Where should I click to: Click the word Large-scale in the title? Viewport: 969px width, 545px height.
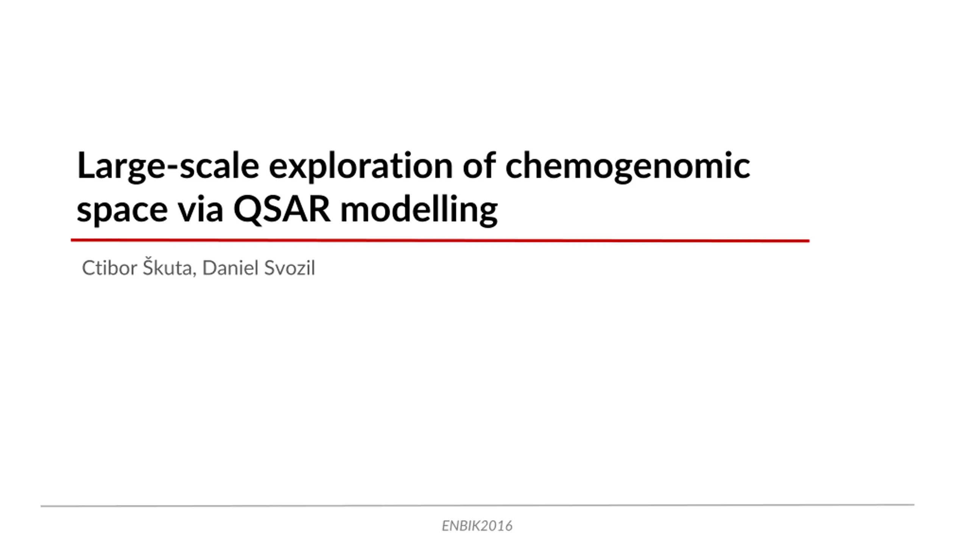pyautogui.click(x=168, y=167)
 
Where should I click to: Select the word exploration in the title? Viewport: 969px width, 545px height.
pyautogui.click(x=361, y=167)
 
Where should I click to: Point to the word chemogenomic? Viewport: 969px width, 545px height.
pyautogui.click(x=628, y=167)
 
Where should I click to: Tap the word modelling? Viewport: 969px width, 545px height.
pyautogui.click(x=419, y=210)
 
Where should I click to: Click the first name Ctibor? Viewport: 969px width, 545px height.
pyautogui.click(x=109, y=268)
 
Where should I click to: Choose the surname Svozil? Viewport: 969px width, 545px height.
pyautogui.click(x=290, y=268)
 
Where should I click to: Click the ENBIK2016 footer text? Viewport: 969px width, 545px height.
pyautogui.click(x=477, y=526)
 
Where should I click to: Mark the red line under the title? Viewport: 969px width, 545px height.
pyautogui.click(x=440, y=240)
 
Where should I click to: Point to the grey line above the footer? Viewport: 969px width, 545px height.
pyautogui.click(x=477, y=505)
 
